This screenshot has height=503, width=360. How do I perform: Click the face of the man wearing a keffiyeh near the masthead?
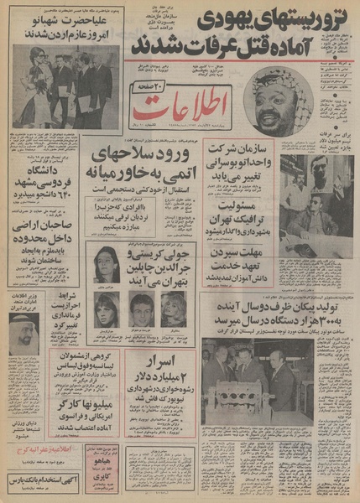[x=272, y=107]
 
